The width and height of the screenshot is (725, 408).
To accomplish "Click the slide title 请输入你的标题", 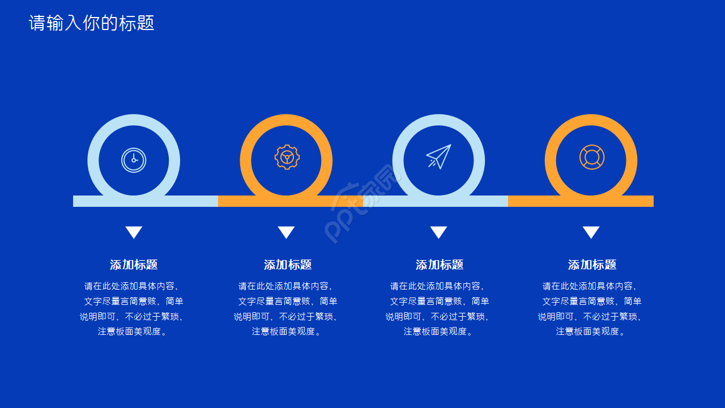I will pos(91,23).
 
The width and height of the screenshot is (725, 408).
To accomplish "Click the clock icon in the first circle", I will pos(134,160).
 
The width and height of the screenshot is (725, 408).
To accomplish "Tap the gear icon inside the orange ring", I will pos(287,158).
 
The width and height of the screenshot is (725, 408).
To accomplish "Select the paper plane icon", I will pos(438,157).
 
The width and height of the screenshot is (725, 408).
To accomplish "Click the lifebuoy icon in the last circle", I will pos(591,157).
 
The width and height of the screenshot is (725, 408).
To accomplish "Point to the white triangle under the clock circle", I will pos(134,232).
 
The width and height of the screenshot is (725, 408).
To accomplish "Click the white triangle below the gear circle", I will pos(286,232).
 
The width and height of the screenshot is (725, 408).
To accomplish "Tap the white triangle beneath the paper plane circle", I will pos(438,232).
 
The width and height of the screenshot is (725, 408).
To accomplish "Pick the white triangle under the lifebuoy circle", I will pos(591,232).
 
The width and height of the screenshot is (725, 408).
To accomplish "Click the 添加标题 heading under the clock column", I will pos(134,265).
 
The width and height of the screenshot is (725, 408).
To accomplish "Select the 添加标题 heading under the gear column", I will pos(288,265).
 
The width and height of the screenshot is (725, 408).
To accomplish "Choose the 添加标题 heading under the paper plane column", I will pos(440,265).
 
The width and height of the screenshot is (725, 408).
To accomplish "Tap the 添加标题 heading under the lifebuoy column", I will pos(592,265).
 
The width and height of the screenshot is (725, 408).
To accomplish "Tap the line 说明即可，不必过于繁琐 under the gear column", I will pos(286,317).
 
